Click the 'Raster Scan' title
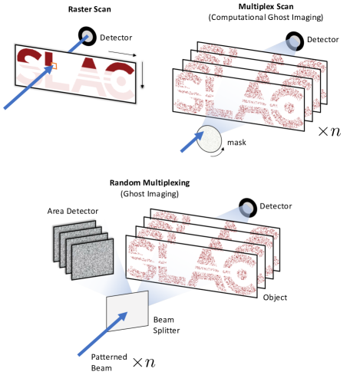(90, 9)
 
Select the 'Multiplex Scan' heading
(266, 7)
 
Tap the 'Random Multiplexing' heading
(150, 183)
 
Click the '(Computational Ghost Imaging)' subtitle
(266, 18)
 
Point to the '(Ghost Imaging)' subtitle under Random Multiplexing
(150, 194)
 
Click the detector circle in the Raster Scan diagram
(88, 36)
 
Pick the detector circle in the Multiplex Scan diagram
(295, 41)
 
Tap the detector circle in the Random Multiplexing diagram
(248, 208)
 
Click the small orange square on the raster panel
(54, 66)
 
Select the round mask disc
(209, 139)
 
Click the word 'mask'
(236, 143)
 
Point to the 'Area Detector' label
(73, 211)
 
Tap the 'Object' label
(275, 298)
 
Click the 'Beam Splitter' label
(167, 325)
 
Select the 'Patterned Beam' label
(109, 363)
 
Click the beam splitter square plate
(127, 311)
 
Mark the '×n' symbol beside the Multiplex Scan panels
(329, 131)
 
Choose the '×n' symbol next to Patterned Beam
(144, 363)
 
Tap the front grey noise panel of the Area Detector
(92, 259)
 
